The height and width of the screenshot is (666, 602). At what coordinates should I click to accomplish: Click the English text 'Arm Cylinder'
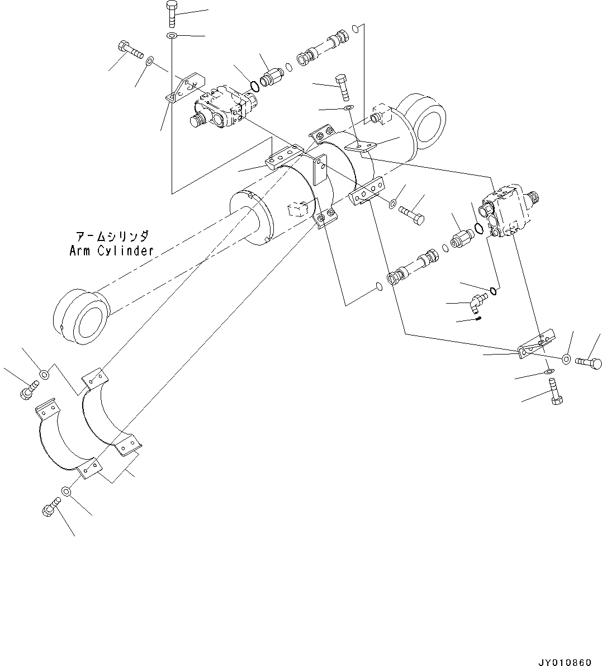pos(111,251)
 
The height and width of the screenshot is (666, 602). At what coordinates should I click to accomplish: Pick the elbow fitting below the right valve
pos(476,303)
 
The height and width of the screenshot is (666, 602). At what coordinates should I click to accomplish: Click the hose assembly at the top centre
pos(324,48)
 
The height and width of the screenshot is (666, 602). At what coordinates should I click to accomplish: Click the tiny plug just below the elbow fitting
pos(479,319)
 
